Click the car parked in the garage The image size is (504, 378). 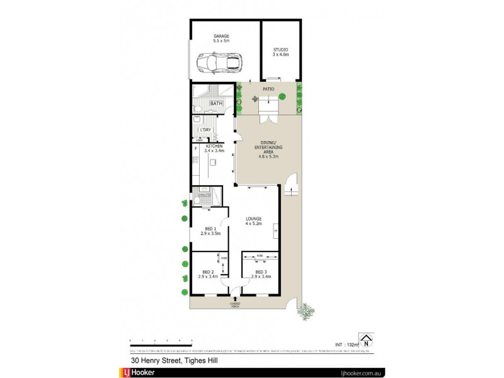coord(219,62)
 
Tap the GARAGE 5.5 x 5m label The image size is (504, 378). coord(220,39)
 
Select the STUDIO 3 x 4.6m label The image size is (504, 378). coord(280,52)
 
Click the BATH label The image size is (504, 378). coord(216,103)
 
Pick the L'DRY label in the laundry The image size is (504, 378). coord(205,129)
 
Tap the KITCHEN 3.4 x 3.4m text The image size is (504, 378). coord(214,149)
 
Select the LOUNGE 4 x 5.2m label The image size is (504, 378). coord(254,221)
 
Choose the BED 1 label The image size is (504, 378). coord(210,231)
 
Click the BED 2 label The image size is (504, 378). coord(208,273)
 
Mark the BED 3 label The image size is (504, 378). coord(260,273)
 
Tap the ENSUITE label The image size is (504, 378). coord(204,195)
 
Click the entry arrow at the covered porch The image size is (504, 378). coord(235,299)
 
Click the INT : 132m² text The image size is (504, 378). coord(346,345)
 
